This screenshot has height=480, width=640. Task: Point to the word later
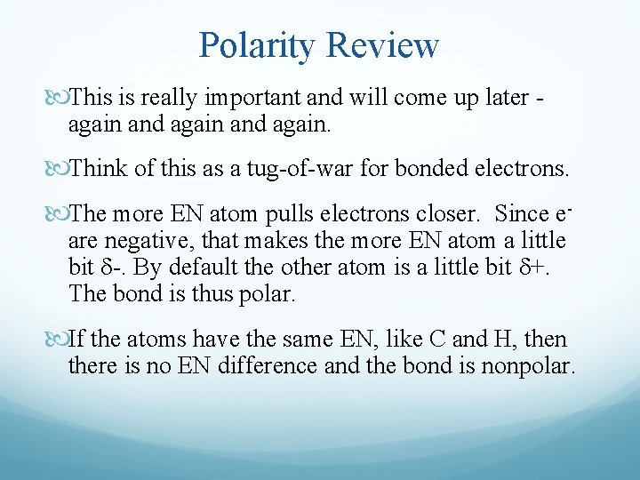[504, 97]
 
